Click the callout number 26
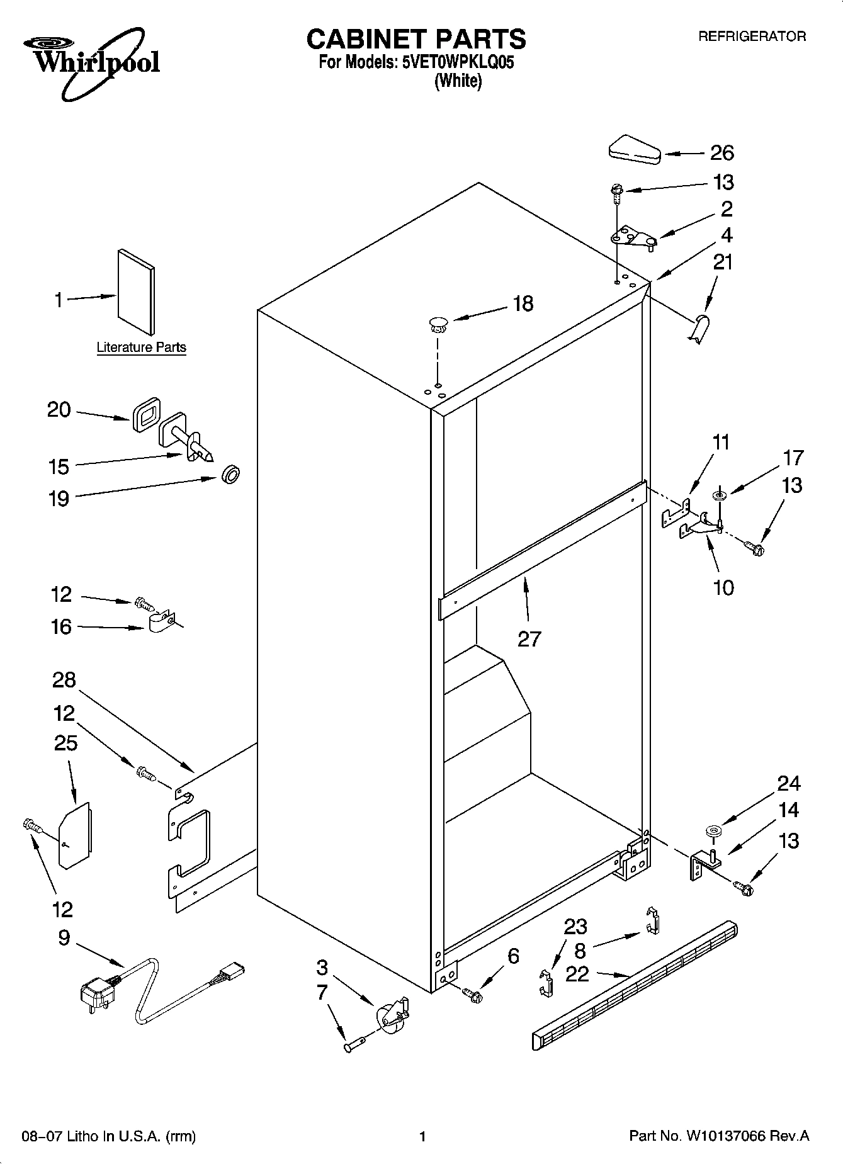[721, 153]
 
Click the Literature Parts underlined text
[141, 348]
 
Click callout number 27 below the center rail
[529, 639]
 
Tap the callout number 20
[59, 410]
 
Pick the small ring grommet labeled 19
[231, 474]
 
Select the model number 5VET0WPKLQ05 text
[458, 63]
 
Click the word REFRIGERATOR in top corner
[752, 37]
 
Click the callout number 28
[64, 680]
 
